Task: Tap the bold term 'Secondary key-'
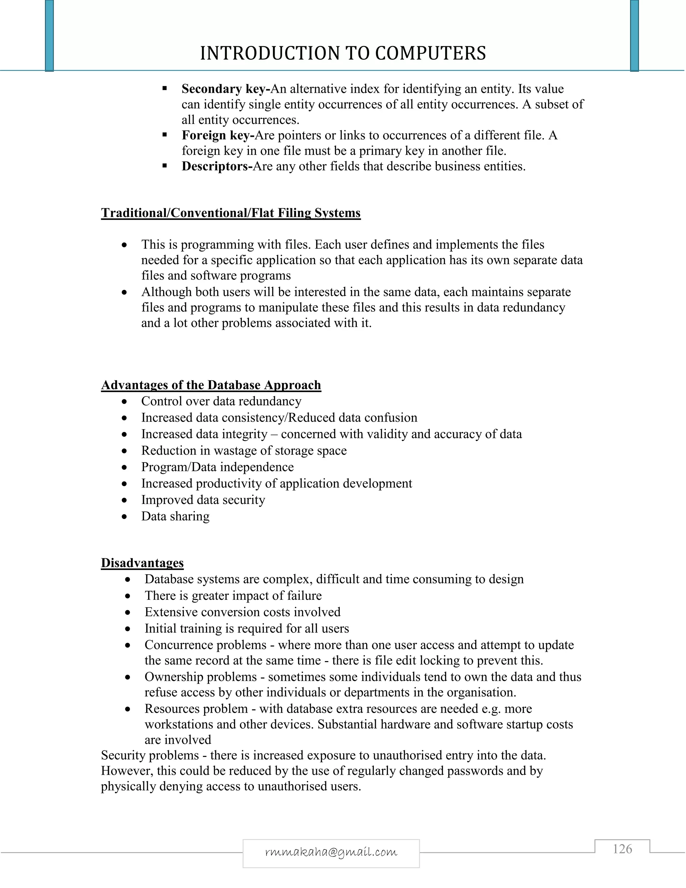tap(225, 89)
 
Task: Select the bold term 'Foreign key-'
tap(218, 135)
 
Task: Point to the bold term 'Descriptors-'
tap(217, 166)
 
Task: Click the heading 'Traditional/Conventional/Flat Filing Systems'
tap(230, 213)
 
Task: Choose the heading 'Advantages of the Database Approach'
tap(211, 385)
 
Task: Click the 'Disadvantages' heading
tap(142, 563)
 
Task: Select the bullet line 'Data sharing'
tap(175, 516)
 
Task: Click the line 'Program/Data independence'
tap(217, 467)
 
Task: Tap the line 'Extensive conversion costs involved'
tap(242, 612)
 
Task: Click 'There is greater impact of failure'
tap(233, 596)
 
